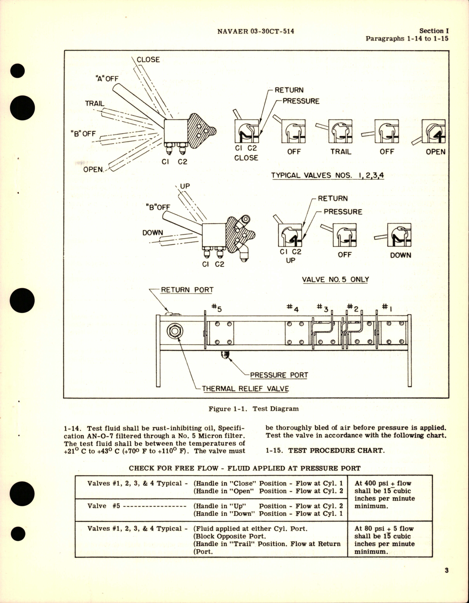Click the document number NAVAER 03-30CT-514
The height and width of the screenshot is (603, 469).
click(x=255, y=32)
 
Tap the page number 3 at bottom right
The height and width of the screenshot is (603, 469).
click(x=447, y=571)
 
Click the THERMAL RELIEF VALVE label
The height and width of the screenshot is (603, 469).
click(x=245, y=388)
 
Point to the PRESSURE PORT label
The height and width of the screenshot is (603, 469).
click(x=279, y=375)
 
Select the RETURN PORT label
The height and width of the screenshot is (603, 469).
click(x=187, y=290)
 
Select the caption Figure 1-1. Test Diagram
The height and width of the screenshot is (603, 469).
click(x=253, y=408)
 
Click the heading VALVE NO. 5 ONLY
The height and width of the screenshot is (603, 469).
click(x=335, y=279)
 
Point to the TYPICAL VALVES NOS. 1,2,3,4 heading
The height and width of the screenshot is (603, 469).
click(x=327, y=175)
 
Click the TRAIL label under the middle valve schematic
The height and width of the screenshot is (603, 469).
click(x=341, y=152)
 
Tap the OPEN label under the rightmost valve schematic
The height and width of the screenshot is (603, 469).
click(x=435, y=152)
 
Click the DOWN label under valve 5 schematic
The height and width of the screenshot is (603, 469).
click(x=400, y=255)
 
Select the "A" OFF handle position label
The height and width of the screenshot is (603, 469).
click(x=107, y=79)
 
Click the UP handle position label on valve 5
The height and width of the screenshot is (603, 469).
click(x=185, y=186)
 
